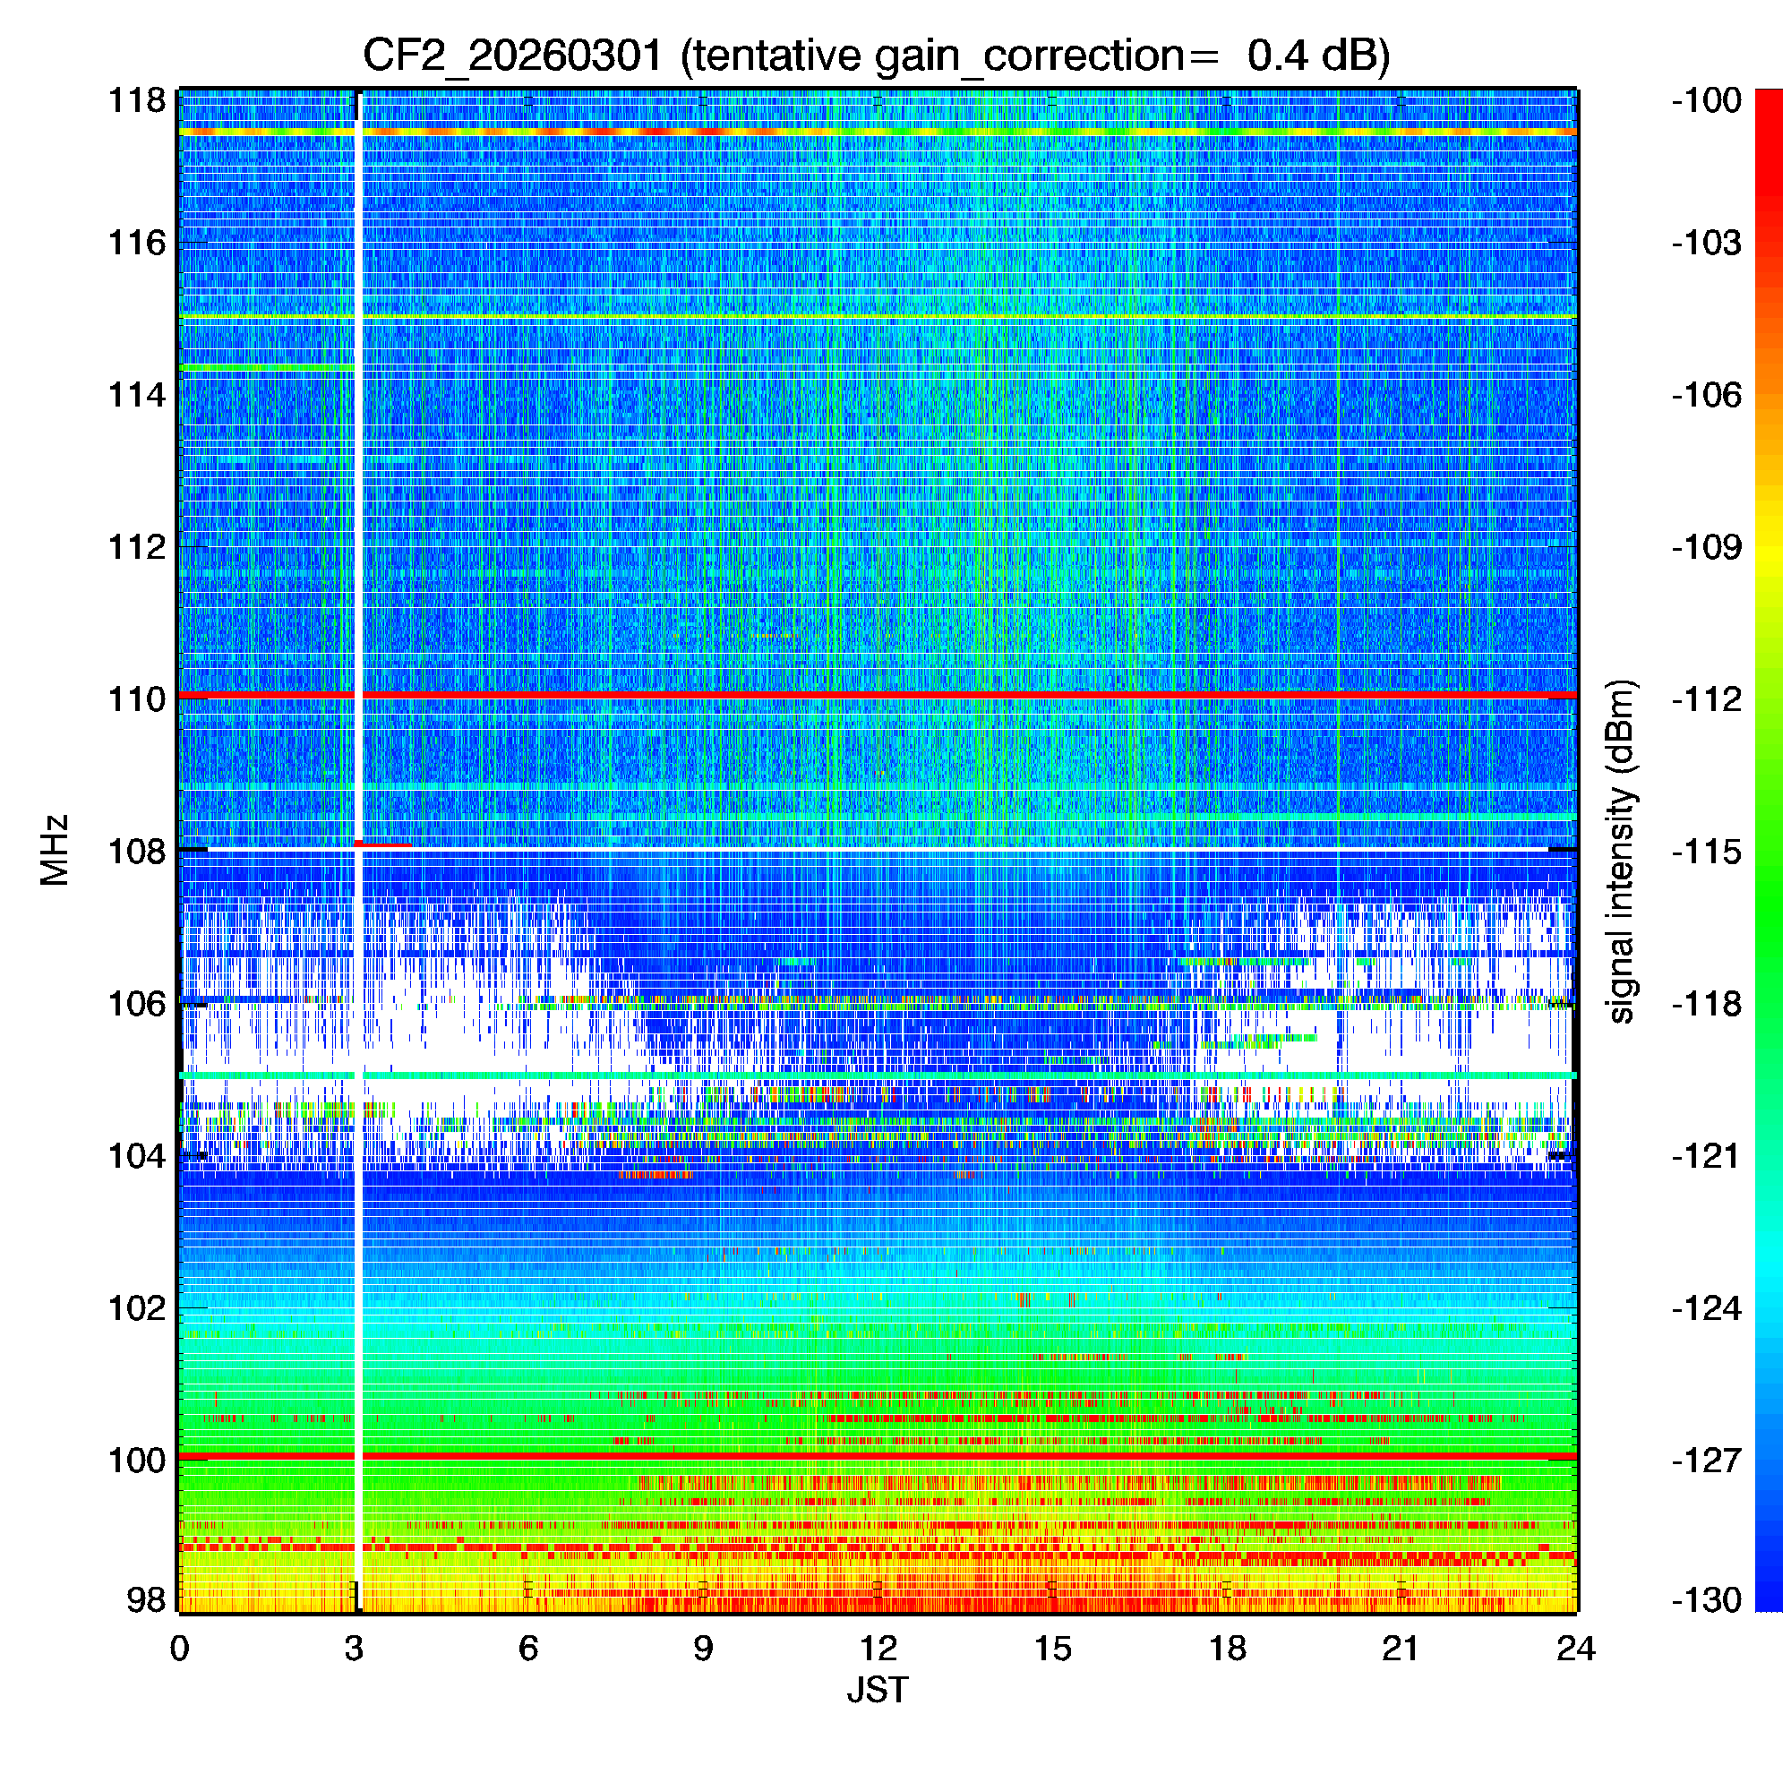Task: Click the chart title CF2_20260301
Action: (876, 56)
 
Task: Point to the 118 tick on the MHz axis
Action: (137, 100)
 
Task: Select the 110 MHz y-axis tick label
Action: (137, 699)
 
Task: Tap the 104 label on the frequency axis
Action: (137, 1156)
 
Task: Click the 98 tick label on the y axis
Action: (146, 1599)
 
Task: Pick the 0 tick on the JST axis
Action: (179, 1648)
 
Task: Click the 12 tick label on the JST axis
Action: (877, 1648)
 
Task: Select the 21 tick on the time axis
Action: (1401, 1648)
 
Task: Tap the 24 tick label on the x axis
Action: (1575, 1648)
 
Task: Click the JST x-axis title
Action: (877, 1690)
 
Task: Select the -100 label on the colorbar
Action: (1706, 100)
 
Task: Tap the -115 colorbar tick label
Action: (1706, 851)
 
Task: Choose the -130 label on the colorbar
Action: (1706, 1599)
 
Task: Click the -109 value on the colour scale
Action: (1706, 547)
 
